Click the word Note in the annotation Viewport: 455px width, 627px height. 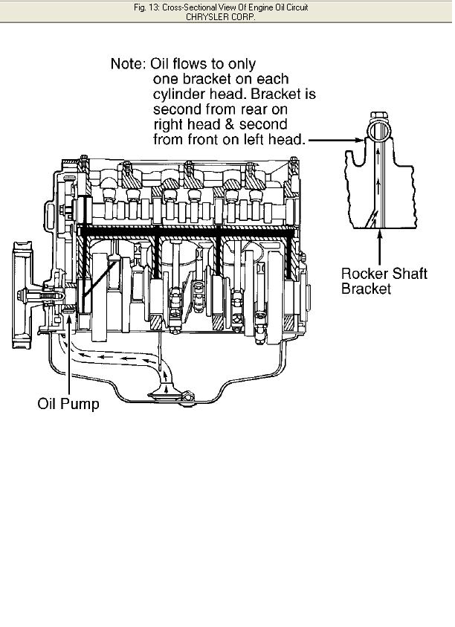tap(126, 64)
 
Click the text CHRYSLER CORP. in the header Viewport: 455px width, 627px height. tap(227, 16)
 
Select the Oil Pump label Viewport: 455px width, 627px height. tap(68, 405)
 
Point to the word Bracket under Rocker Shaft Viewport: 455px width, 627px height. tap(366, 288)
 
